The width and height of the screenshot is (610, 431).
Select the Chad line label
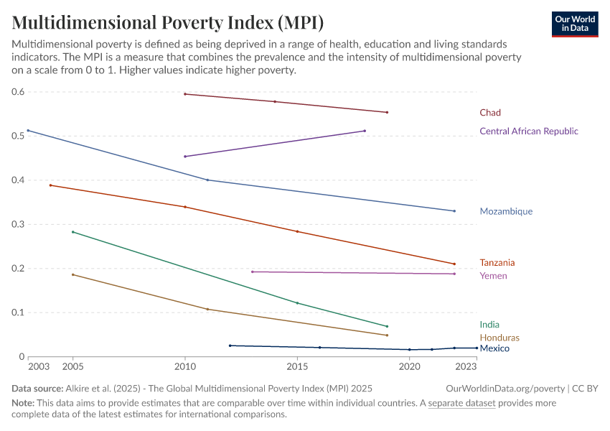click(x=490, y=113)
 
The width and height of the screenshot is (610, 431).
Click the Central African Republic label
click(x=528, y=131)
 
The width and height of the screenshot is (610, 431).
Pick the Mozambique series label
click(x=506, y=212)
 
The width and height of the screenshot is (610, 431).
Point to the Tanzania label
click(x=497, y=263)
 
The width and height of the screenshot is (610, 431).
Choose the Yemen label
click(x=493, y=276)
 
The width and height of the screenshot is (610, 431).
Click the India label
click(x=489, y=325)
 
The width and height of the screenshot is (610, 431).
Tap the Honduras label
click(x=499, y=338)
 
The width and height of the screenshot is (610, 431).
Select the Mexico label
click(x=494, y=348)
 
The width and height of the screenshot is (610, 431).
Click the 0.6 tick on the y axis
click(x=18, y=92)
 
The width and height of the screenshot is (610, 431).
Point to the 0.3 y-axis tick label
click(x=18, y=224)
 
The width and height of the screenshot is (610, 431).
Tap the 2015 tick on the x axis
click(x=297, y=366)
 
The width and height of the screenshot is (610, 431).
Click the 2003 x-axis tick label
click(x=38, y=366)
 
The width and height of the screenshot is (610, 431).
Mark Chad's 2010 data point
click(x=185, y=94)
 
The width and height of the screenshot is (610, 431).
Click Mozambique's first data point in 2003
click(x=28, y=131)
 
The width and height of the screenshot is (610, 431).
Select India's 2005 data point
click(x=72, y=232)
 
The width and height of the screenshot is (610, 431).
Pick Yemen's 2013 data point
click(x=252, y=272)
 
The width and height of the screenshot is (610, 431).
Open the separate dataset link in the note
click(x=461, y=403)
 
